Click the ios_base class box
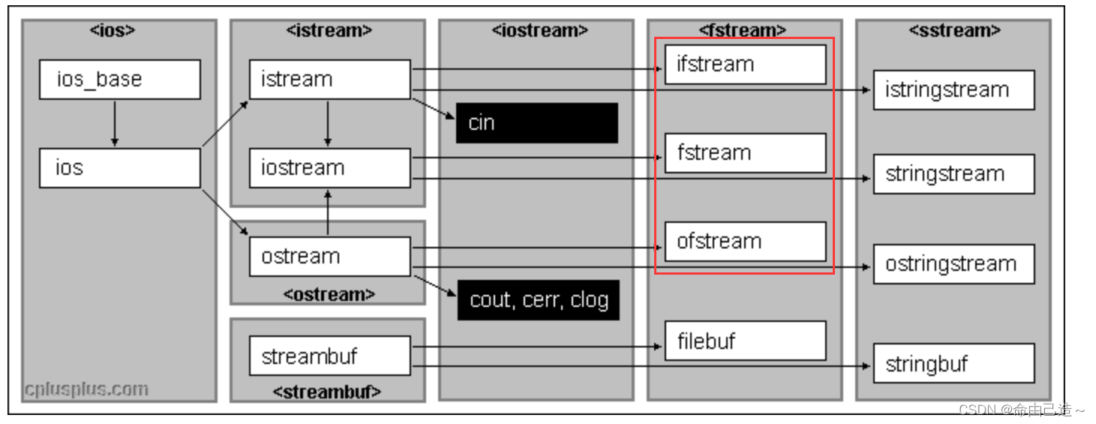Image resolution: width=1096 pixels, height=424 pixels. [120, 80]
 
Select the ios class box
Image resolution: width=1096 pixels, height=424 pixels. [120, 168]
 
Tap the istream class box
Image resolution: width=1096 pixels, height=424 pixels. [330, 80]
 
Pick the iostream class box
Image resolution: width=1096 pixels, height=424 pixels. [330, 168]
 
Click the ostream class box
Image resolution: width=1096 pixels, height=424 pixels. [330, 257]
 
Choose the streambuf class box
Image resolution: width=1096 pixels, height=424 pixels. [330, 356]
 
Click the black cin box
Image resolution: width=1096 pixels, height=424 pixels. [537, 123]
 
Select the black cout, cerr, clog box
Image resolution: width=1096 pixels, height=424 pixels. [539, 300]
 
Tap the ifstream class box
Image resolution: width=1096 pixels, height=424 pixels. [745, 65]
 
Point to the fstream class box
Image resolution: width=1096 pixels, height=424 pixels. [745, 153]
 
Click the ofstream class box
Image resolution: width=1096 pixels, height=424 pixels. [745, 242]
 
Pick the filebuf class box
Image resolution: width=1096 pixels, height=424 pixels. [745, 341]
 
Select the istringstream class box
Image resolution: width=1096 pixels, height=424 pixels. [953, 90]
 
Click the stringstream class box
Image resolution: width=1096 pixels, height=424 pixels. [953, 174]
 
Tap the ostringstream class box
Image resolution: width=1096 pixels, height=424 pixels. [953, 264]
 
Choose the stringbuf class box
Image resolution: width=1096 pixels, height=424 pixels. [953, 364]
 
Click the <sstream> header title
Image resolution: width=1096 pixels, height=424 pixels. [954, 31]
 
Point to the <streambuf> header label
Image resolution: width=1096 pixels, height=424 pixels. [327, 391]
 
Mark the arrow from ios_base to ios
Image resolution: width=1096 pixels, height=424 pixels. [114, 123]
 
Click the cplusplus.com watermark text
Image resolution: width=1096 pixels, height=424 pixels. [86, 389]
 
